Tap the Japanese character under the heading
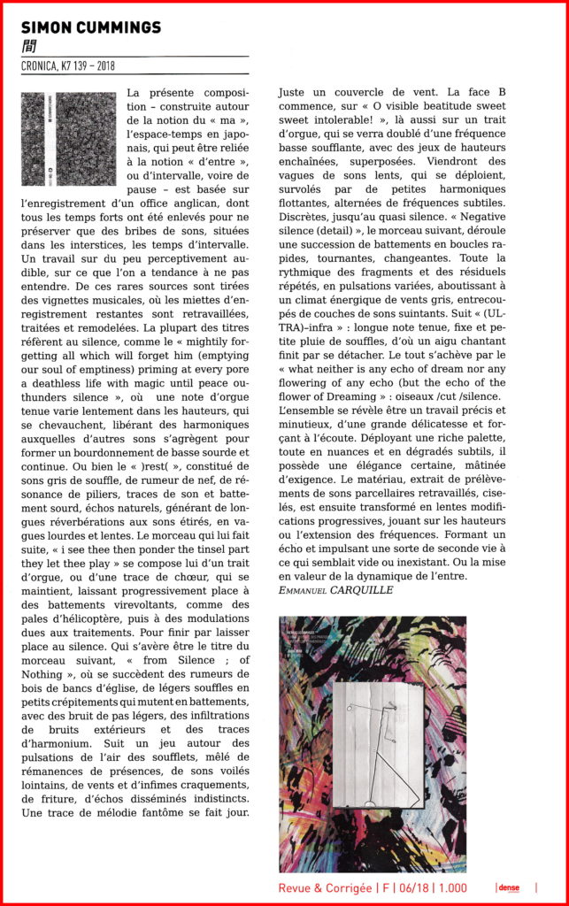tap(27, 45)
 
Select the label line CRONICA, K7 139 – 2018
tap(68, 65)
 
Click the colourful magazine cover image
tap(372, 744)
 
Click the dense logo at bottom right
tap(508, 887)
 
